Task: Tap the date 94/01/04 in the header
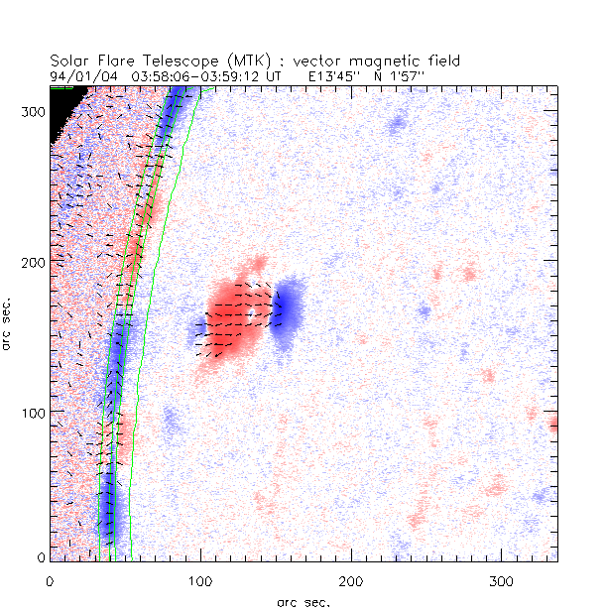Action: tap(81, 73)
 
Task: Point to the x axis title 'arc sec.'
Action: tap(303, 601)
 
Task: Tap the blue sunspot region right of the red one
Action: tap(290, 308)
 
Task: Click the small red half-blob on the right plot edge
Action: tap(553, 425)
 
